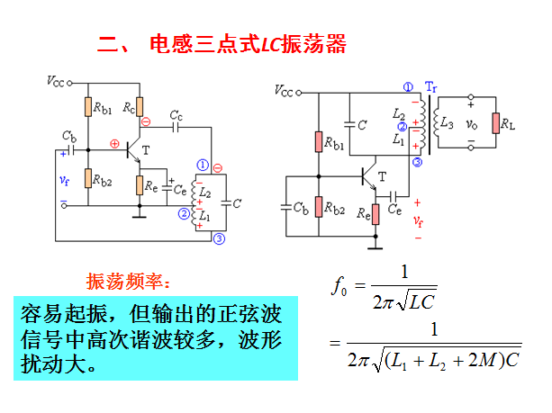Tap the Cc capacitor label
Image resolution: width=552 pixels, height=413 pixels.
[176, 115]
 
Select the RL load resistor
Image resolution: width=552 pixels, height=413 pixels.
[495, 122]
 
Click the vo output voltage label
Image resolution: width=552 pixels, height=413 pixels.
[470, 124]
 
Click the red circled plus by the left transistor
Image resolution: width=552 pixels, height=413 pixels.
[114, 144]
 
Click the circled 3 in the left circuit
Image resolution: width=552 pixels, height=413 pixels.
[220, 238]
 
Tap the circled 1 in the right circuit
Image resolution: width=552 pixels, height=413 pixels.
[409, 86]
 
